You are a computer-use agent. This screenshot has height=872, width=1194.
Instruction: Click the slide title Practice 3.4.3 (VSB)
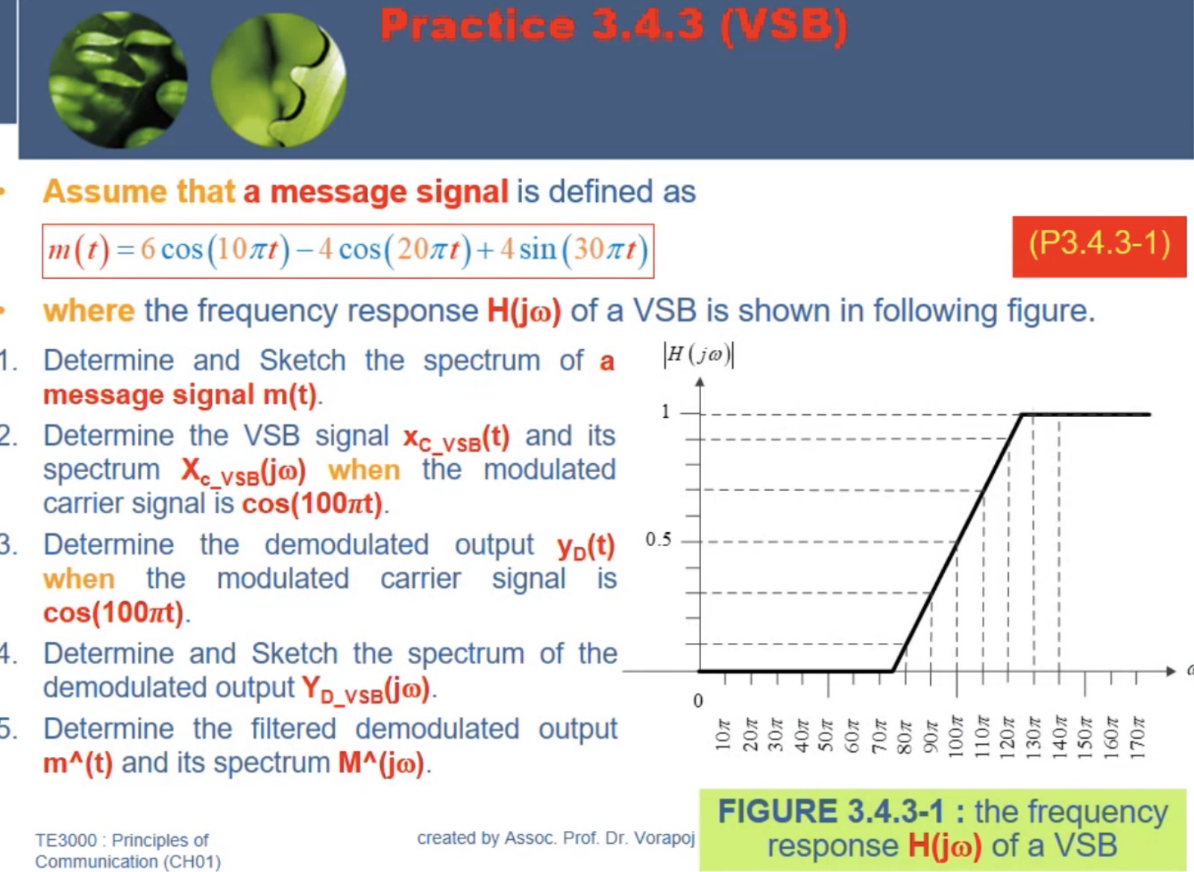tap(613, 25)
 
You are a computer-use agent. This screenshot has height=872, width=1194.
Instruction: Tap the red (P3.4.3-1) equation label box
tap(1099, 246)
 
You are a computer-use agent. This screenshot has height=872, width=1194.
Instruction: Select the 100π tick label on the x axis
tap(956, 736)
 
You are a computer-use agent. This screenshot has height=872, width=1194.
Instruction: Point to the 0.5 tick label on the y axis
tap(658, 539)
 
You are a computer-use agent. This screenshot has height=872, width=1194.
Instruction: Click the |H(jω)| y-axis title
tap(698, 354)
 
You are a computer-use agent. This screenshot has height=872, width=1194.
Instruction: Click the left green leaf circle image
tap(118, 80)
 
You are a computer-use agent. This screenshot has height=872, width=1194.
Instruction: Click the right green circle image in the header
tap(278, 80)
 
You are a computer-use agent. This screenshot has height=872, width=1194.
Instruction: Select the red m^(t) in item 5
tap(78, 763)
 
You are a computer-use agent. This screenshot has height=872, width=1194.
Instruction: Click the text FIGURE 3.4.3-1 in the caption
tap(830, 812)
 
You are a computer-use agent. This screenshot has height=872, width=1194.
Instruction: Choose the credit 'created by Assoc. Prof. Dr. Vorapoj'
tap(556, 838)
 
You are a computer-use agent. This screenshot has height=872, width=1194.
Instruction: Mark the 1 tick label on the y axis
tap(665, 412)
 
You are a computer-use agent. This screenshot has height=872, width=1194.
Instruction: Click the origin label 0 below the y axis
tap(697, 700)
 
